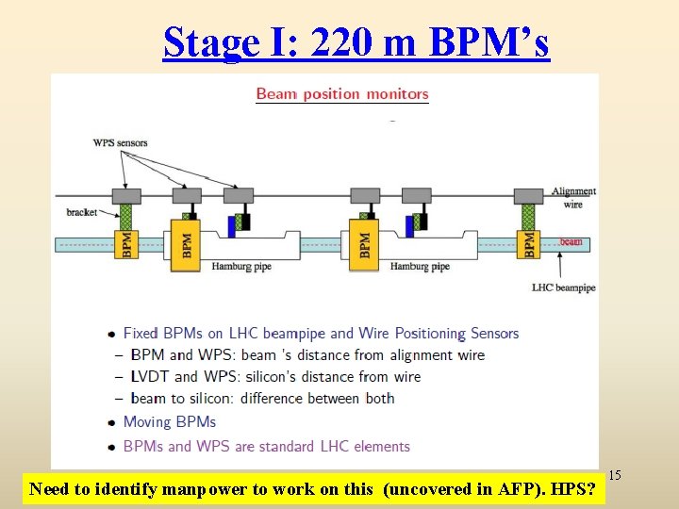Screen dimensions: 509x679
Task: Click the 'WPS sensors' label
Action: pos(120,142)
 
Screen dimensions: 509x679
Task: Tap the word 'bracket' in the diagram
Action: pos(82,212)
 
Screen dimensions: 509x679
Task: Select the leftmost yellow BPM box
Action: pos(125,244)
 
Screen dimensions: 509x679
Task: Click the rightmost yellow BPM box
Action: pos(529,244)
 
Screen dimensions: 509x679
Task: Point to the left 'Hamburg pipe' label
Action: pos(241,267)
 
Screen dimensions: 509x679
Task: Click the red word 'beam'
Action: pos(571,242)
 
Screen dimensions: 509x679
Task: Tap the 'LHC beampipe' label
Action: pos(564,287)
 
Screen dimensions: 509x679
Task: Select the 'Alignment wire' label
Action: pos(573,198)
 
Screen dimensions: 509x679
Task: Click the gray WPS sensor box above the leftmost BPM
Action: pos(126,196)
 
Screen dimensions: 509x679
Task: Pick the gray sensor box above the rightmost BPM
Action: pos(529,196)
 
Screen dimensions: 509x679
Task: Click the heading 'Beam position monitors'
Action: pos(342,93)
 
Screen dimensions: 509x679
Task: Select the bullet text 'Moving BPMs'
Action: pos(169,421)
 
